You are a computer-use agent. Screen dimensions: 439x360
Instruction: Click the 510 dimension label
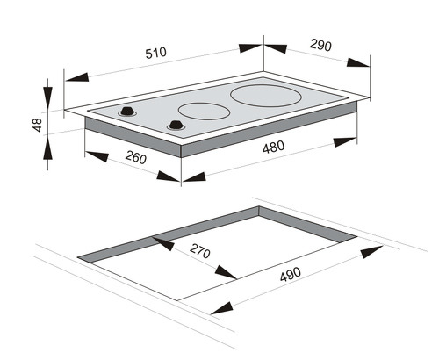tap(156, 53)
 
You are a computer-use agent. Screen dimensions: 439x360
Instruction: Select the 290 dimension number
tap(320, 45)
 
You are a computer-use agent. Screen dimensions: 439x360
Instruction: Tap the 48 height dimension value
tap(38, 125)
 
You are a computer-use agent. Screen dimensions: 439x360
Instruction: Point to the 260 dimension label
tap(136, 157)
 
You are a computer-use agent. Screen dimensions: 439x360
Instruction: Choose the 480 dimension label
tap(273, 147)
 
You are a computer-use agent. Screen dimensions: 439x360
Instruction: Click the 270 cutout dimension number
tap(200, 251)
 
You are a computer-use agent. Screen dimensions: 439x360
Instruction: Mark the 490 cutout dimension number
tap(290, 274)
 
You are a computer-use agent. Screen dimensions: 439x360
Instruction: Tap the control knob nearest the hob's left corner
tap(127, 112)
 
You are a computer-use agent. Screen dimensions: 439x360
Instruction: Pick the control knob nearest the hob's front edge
tap(176, 126)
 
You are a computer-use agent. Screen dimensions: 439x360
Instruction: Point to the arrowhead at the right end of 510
tap(250, 48)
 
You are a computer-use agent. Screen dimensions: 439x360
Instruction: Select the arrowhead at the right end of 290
tap(358, 62)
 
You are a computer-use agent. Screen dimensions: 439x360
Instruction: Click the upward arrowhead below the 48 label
tap(47, 148)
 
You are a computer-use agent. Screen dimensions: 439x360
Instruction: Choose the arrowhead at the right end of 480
tap(345, 142)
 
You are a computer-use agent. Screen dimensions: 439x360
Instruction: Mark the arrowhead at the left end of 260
tap(97, 156)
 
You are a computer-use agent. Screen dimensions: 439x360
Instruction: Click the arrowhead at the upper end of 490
tap(371, 252)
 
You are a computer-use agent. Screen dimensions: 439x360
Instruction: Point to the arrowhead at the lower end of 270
tap(226, 273)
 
